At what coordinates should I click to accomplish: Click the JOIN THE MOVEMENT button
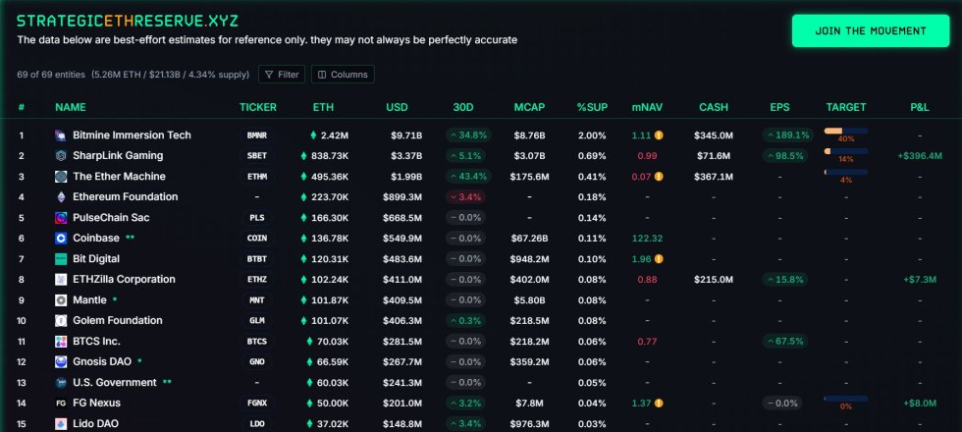click(x=870, y=30)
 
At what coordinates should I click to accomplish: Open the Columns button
click(x=343, y=75)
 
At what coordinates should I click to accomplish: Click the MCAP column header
click(x=529, y=107)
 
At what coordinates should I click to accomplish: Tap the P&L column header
click(x=920, y=107)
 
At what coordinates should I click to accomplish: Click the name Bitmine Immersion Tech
click(x=132, y=135)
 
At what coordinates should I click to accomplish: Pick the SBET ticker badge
click(x=257, y=156)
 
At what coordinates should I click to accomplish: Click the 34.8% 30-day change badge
click(x=467, y=135)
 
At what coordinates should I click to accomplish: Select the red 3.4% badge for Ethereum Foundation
click(x=467, y=197)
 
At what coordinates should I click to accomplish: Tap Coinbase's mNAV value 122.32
click(x=647, y=239)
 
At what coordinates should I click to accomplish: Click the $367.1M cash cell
click(x=714, y=177)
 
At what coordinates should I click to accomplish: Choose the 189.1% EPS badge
click(x=787, y=135)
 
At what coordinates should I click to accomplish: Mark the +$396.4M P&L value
click(x=919, y=156)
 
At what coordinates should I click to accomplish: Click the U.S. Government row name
click(x=114, y=383)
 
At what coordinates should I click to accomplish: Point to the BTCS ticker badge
click(x=257, y=342)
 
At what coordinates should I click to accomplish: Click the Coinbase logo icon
click(x=61, y=239)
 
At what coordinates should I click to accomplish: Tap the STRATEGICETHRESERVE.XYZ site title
click(x=127, y=20)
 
